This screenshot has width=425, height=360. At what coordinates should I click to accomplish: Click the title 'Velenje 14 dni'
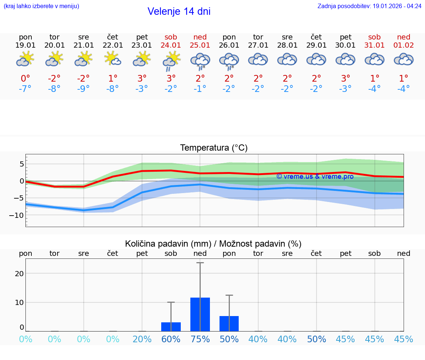(x=179, y=11)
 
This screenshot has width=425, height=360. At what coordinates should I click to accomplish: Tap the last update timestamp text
(x=369, y=6)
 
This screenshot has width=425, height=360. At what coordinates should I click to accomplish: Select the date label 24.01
(x=171, y=45)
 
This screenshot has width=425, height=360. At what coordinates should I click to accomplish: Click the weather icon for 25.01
(x=200, y=61)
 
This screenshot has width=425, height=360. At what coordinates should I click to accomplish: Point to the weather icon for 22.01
(x=113, y=59)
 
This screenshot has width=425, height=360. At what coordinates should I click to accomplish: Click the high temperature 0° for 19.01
(x=25, y=78)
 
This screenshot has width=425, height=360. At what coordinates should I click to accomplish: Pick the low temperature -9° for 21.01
(x=84, y=89)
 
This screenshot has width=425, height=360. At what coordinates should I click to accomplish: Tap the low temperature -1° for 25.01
(x=200, y=89)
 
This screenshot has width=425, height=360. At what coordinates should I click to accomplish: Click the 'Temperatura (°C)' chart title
(x=214, y=148)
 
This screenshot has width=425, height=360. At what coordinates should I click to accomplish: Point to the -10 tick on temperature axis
(x=17, y=215)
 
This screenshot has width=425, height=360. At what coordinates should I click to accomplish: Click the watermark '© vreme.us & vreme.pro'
(x=315, y=176)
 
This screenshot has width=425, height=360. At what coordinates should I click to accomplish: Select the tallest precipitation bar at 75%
(x=200, y=314)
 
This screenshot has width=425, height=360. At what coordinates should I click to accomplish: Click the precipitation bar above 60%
(x=171, y=327)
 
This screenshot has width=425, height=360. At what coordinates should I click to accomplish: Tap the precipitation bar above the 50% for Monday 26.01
(x=229, y=323)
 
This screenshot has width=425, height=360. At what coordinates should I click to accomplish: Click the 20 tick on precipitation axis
(x=19, y=274)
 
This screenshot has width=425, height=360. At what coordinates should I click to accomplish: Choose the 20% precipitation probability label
(x=142, y=339)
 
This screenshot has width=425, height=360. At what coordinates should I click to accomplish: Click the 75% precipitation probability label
(x=200, y=339)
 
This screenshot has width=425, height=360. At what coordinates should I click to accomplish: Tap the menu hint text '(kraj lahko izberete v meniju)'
(x=41, y=6)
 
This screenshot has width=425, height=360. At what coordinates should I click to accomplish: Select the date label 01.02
(x=404, y=45)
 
